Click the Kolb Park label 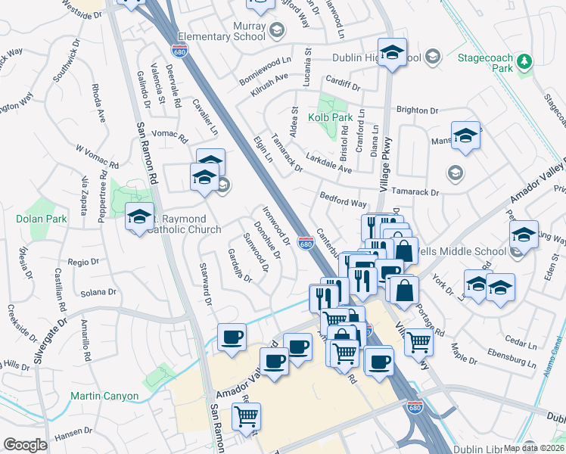[x=331, y=118]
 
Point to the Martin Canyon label [x=104, y=396]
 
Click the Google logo [x=25, y=445]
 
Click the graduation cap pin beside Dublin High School [x=392, y=52]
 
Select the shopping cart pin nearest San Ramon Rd [x=246, y=416]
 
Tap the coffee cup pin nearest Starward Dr [x=232, y=337]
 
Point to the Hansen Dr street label [x=73, y=437]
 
